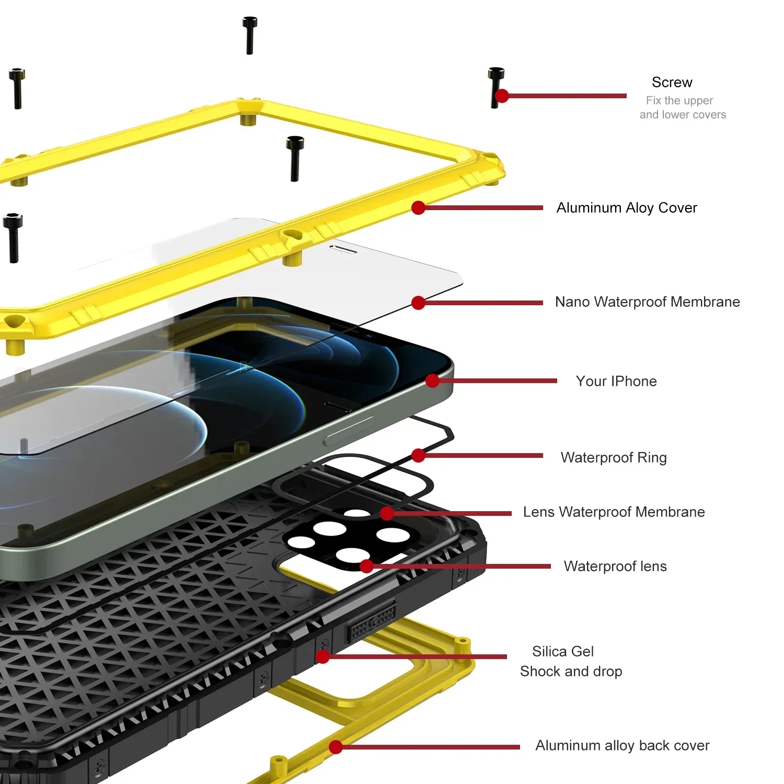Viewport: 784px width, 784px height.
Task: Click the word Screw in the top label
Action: [x=672, y=83]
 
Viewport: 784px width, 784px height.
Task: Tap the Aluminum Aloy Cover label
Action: [x=626, y=208]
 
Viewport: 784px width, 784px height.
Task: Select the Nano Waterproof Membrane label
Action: [x=647, y=302]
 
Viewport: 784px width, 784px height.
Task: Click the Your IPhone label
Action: [x=616, y=382]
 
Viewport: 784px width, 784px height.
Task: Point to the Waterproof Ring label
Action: [x=613, y=458]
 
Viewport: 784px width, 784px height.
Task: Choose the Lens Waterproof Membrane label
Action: [x=614, y=512]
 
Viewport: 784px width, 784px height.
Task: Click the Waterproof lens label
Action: [x=615, y=567]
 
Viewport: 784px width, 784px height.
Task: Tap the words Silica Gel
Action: [x=562, y=652]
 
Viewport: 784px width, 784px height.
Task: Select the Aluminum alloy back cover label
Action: [x=622, y=746]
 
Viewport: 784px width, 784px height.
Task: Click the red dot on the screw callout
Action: [x=502, y=96]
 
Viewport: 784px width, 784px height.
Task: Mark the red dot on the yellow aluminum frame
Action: [x=418, y=207]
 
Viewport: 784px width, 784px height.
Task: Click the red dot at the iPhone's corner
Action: [x=432, y=381]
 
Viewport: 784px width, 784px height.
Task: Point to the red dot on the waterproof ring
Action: [x=418, y=455]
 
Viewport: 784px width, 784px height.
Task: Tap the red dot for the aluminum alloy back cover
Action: [x=336, y=747]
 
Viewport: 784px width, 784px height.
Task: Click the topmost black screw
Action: [x=249, y=35]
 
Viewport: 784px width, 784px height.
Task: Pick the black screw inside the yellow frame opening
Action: [x=295, y=158]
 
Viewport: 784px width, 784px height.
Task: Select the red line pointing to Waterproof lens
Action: [x=460, y=566]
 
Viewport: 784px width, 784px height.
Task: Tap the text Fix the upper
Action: [x=679, y=100]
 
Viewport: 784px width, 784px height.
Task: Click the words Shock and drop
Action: [x=571, y=672]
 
